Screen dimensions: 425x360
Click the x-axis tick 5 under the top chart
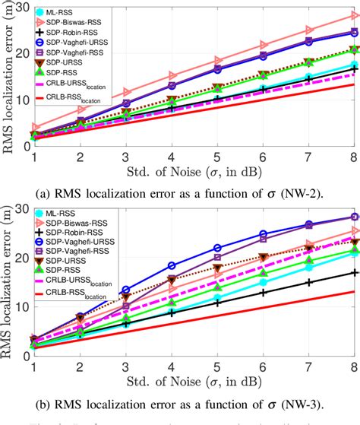[216, 155]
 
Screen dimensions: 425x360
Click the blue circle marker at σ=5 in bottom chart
[216, 248]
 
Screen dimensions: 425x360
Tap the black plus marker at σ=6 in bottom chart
[262, 292]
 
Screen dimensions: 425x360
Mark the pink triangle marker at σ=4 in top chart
[171, 75]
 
